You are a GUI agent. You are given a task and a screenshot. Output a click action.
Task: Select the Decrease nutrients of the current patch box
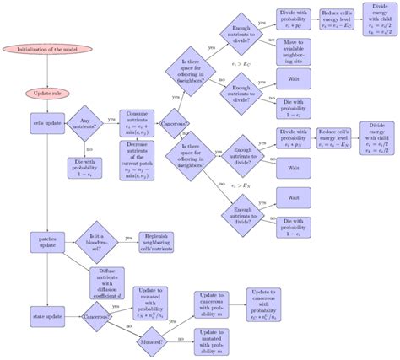138,159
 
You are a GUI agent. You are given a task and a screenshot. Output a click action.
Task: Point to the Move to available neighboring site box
297,51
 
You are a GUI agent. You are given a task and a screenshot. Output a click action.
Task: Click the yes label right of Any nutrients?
112,119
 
